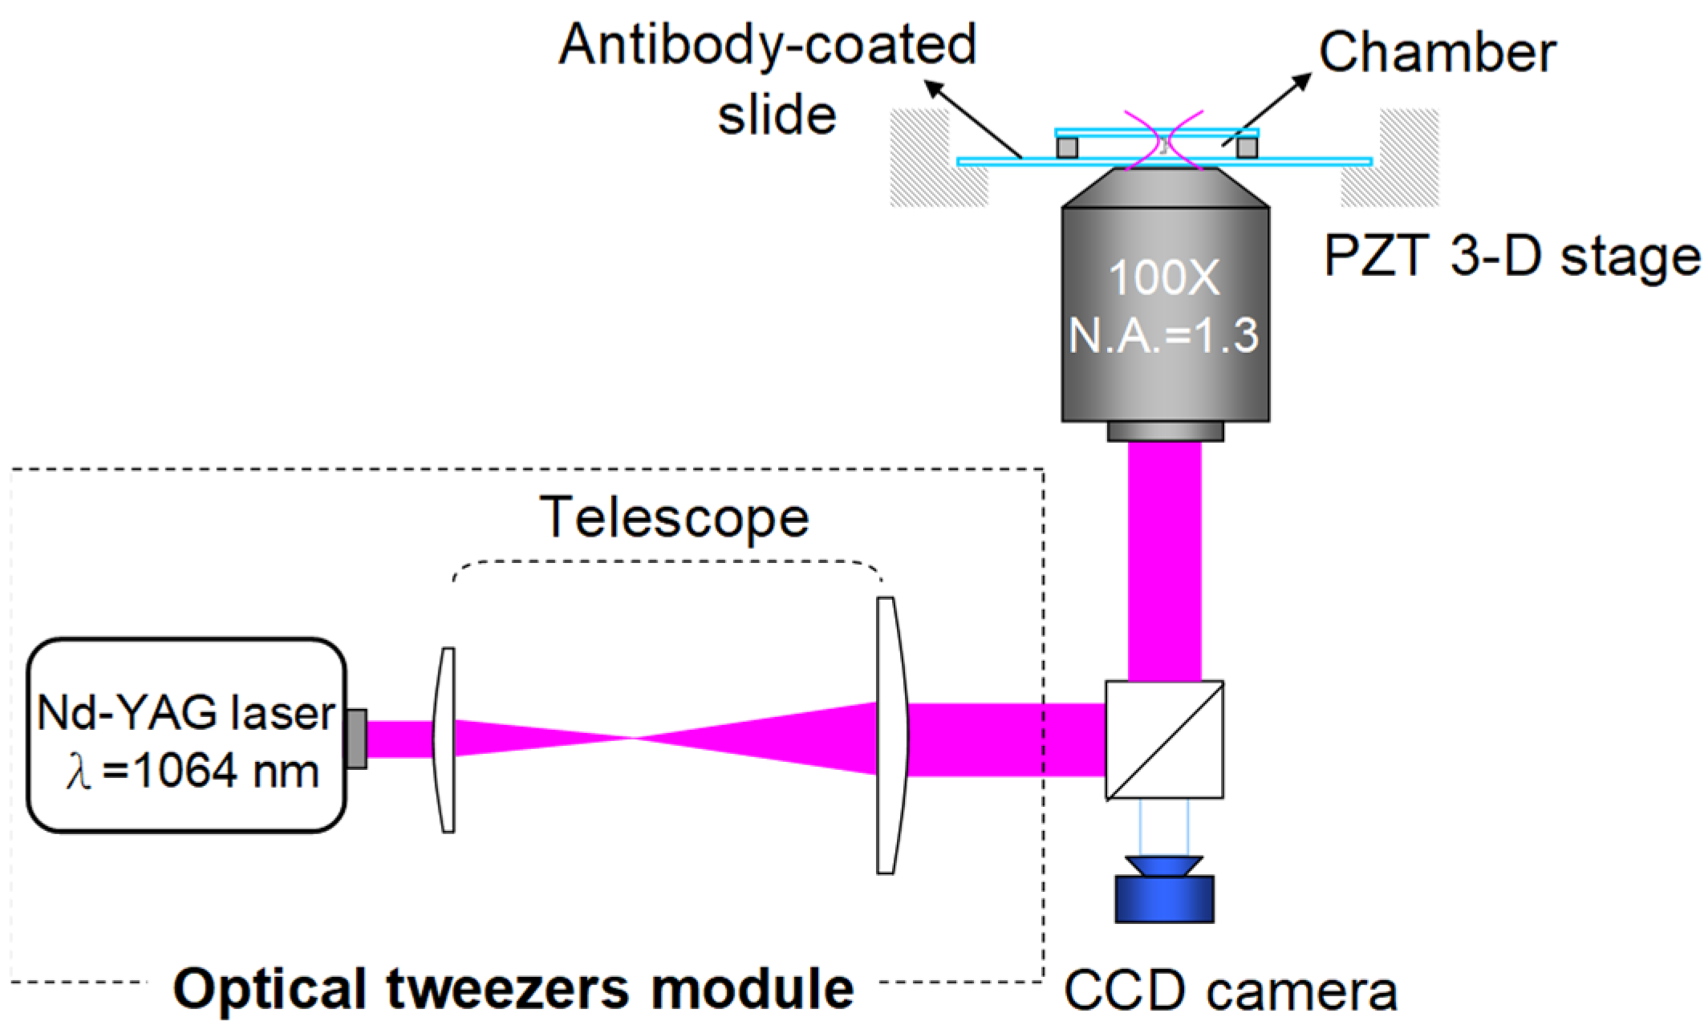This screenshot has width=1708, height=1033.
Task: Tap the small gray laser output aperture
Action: click(x=357, y=739)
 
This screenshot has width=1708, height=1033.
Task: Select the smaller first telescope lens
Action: click(x=445, y=739)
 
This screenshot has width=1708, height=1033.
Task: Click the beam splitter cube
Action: click(x=1164, y=739)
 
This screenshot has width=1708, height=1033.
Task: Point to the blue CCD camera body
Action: click(x=1164, y=899)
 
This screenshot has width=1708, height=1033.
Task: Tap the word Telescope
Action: click(x=675, y=517)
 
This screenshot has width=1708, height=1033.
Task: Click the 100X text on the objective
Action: click(x=1163, y=279)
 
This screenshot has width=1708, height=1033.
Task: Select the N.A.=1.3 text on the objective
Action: click(x=1164, y=335)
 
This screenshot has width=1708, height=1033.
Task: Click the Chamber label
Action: click(x=1437, y=53)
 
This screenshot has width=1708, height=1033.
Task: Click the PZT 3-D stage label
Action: click(x=1511, y=257)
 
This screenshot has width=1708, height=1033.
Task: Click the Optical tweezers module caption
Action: click(x=513, y=989)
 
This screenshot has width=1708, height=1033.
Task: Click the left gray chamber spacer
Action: click(x=1067, y=148)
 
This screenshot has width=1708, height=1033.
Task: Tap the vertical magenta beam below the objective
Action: click(x=1164, y=561)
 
